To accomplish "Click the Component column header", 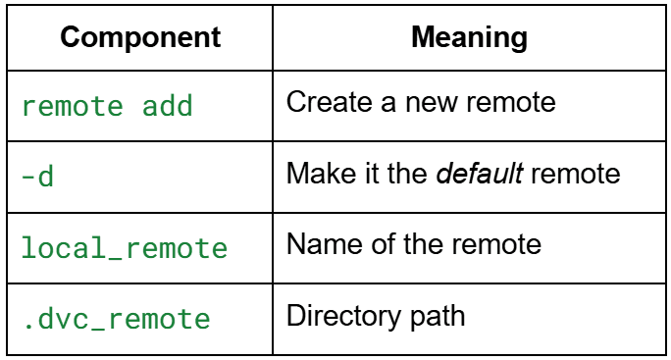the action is [x=140, y=37].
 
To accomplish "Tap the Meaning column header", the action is [x=470, y=37].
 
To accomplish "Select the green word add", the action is [x=168, y=106].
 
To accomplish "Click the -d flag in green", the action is [x=37, y=176].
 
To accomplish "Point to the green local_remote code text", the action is [x=125, y=248].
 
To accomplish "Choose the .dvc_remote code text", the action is [x=117, y=319].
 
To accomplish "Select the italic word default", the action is [x=480, y=174].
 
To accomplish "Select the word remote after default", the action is [x=575, y=175].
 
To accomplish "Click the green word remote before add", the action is [x=73, y=106].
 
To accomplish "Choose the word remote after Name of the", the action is [x=496, y=245].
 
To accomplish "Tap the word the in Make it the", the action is [x=408, y=174].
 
